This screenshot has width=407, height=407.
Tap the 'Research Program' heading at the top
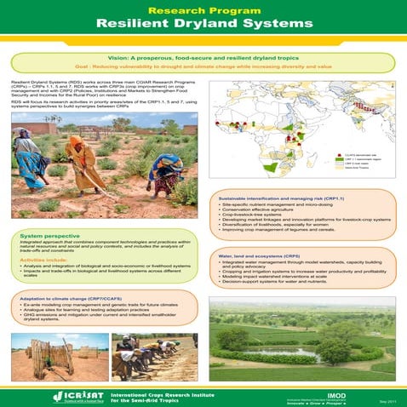click(203, 8)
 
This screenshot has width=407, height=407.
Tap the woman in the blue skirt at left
click(32, 158)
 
